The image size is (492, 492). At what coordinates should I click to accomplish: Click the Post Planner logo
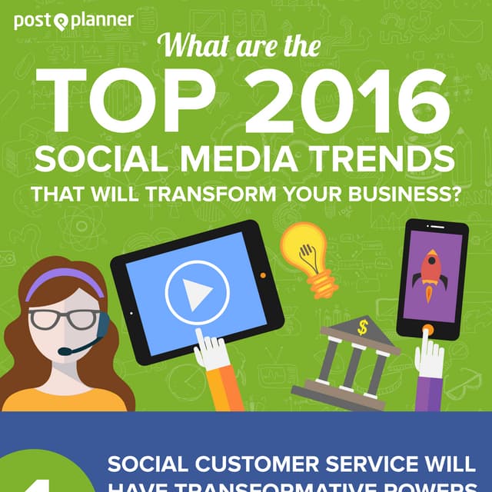click(x=73, y=21)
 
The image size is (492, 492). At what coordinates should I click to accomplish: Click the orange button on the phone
click(x=427, y=330)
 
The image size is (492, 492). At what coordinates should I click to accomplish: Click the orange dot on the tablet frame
click(x=263, y=274)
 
